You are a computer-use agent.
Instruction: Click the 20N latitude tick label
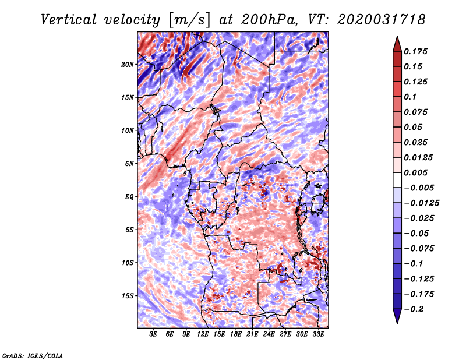[128, 64]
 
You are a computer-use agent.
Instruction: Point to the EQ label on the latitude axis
[129, 196]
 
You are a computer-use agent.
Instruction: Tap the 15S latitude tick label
[128, 296]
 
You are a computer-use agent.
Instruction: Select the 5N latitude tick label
[129, 164]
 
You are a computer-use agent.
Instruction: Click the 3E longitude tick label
[153, 334]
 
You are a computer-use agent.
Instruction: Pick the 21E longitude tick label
[252, 334]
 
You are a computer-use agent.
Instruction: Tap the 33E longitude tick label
[318, 334]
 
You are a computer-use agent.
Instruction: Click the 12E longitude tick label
[203, 334]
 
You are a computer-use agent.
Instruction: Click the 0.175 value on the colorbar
[415, 51]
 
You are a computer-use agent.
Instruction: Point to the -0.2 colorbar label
[414, 309]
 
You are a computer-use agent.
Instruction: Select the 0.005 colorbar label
[415, 172]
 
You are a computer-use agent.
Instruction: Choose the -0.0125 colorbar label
[421, 203]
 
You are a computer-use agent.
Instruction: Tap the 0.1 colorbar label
[410, 97]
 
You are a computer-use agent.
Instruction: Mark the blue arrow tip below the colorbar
[397, 323]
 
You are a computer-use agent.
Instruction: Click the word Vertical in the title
[69, 20]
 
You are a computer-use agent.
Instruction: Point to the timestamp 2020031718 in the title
[381, 20]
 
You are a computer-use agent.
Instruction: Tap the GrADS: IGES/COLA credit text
[33, 355]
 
